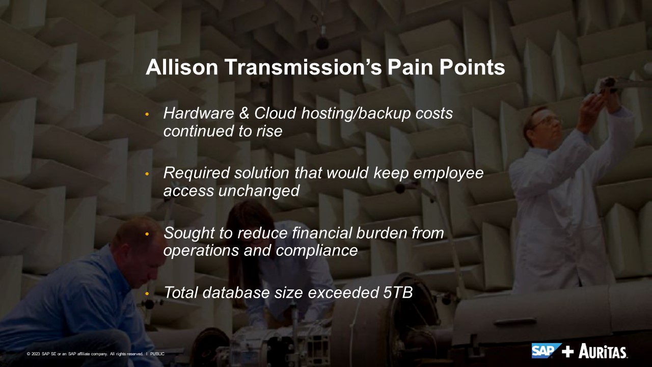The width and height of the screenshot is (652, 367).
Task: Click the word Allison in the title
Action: pos(182,67)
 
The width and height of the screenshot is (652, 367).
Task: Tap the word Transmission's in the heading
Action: pos(303,67)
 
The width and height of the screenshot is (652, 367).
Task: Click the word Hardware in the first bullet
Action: pos(199,113)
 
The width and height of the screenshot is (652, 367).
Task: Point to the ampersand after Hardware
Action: pos(244,113)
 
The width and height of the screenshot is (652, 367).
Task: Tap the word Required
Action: pos(197,173)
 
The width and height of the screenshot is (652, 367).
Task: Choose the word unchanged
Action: pos(259,191)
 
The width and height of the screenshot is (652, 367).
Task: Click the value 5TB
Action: pos(398,293)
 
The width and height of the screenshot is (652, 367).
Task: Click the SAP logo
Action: pos(546,351)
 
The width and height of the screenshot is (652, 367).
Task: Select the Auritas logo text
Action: pos(603,351)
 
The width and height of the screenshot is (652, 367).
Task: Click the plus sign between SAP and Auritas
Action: pos(568,352)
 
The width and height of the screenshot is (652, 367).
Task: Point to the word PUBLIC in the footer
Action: pos(157,354)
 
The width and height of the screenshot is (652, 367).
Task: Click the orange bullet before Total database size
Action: pos(147,294)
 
